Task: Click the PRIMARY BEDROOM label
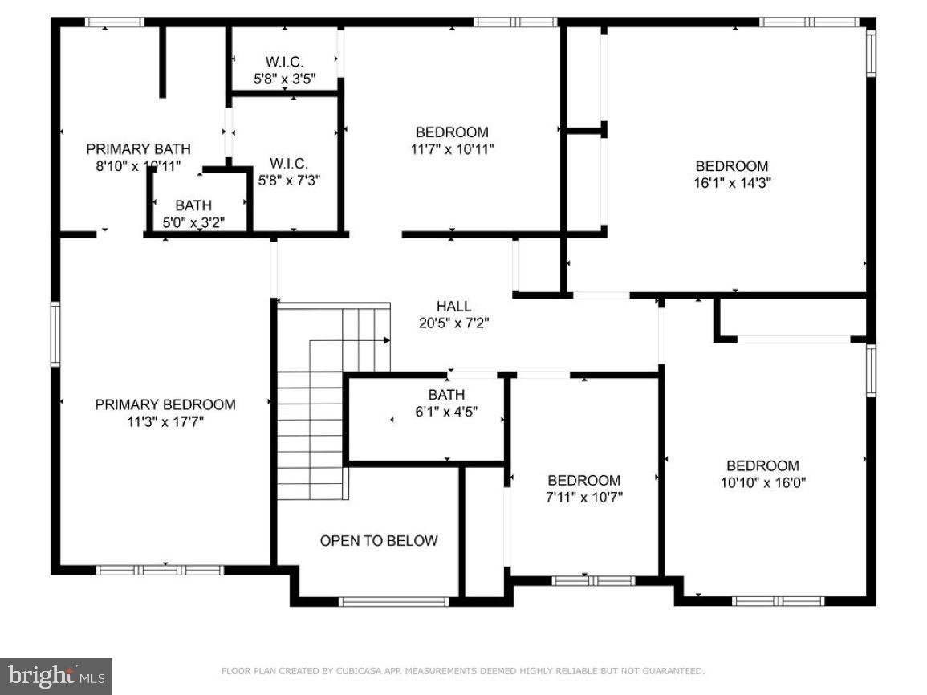coord(165,404)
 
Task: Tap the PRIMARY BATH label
coord(138,148)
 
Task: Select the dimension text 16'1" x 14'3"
coord(731,182)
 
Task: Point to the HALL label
coord(453,307)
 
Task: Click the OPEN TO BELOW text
coord(379,541)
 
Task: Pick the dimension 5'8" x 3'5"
coord(284,79)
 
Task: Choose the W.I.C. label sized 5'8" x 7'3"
coord(289,164)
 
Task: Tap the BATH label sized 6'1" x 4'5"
coord(446,395)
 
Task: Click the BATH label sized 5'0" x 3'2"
coord(193,206)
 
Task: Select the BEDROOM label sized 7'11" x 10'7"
coord(583,480)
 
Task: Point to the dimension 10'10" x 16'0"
coord(762,482)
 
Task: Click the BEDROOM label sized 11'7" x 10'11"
coord(451,132)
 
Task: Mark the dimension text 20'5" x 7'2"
coord(453,323)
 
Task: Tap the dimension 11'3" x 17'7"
coord(165,421)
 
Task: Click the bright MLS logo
coord(55,676)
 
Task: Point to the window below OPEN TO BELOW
coord(393,601)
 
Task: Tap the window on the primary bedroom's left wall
coord(55,333)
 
